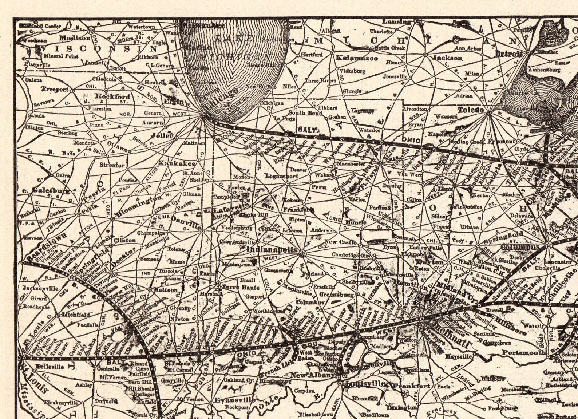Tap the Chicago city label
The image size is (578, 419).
pos(221,99)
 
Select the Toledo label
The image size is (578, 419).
pos(471,110)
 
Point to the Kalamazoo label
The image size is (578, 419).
pos(357,58)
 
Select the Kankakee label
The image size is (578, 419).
pos(172,163)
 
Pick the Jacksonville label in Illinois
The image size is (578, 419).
pos(40,289)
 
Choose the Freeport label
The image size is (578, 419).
pos(55,89)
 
